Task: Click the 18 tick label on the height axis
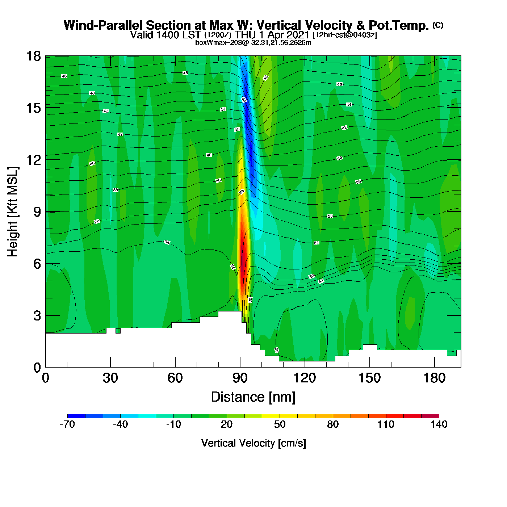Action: point(33,56)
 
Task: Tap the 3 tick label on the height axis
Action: point(37,316)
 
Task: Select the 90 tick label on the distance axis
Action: point(240,378)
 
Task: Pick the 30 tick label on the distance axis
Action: point(110,378)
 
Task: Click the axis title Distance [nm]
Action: point(253,397)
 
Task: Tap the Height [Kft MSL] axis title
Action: point(13,212)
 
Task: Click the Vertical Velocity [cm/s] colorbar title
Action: point(253,443)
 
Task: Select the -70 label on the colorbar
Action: point(67,424)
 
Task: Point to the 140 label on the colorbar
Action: point(439,424)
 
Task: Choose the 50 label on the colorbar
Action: point(280,424)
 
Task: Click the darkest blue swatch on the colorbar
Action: point(76,416)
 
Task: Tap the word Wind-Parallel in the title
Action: point(104,25)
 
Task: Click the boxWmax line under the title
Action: point(253,43)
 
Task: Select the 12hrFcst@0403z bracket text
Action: point(345,35)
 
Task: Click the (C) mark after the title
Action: point(438,25)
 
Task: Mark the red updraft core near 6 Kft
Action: point(243,253)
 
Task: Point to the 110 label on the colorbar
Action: point(386,424)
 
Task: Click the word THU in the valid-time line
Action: point(246,35)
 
